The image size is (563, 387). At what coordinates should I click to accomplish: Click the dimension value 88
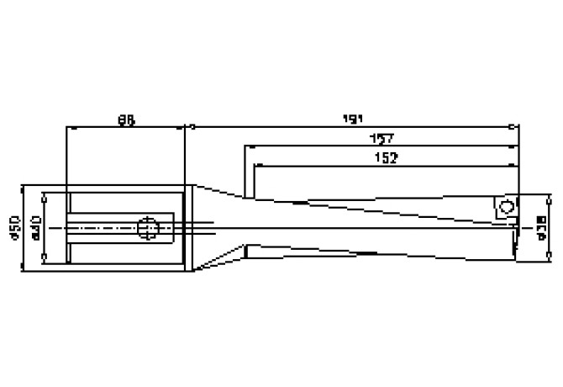coord(126,120)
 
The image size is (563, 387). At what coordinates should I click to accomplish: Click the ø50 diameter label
coord(14,227)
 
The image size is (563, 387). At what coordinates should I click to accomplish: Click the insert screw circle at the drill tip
coord(506,206)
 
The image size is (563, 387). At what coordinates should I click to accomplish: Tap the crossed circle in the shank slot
coord(147,226)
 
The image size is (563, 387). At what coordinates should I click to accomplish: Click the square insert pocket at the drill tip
coord(505,208)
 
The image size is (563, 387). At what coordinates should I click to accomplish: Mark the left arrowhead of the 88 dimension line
coord(70,128)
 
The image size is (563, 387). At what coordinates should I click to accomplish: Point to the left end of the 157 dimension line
coord(246,146)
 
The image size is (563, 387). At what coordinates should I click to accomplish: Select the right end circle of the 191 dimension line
coord(514,128)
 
